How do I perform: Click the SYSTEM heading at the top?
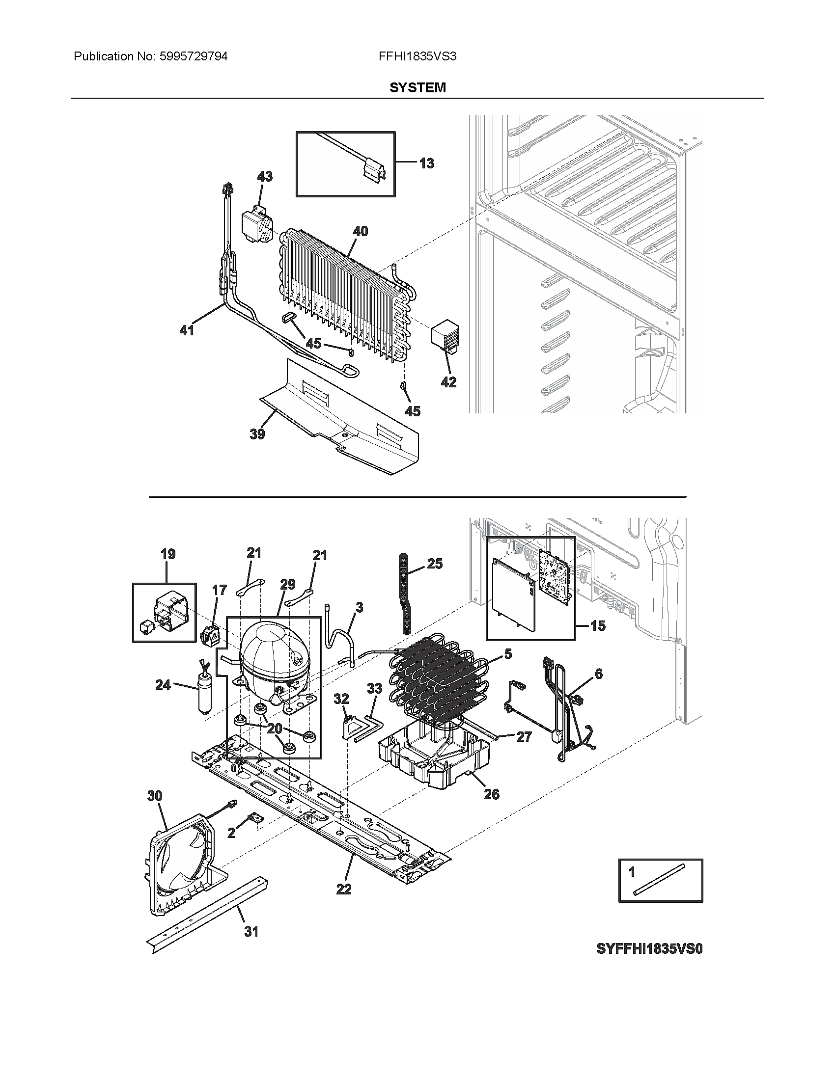(417, 87)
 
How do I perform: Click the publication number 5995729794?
(194, 56)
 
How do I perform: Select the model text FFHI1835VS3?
(417, 56)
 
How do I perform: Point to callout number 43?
(265, 176)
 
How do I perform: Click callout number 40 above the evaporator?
(360, 230)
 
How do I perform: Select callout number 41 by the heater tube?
(187, 330)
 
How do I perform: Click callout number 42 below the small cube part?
(448, 382)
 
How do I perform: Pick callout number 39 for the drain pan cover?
(257, 433)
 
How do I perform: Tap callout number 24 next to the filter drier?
(163, 684)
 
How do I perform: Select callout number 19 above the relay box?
(167, 554)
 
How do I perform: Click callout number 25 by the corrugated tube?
(434, 564)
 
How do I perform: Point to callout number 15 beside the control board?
(598, 625)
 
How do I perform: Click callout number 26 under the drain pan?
(491, 794)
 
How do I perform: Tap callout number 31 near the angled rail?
(251, 932)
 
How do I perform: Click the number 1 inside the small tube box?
(631, 872)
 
